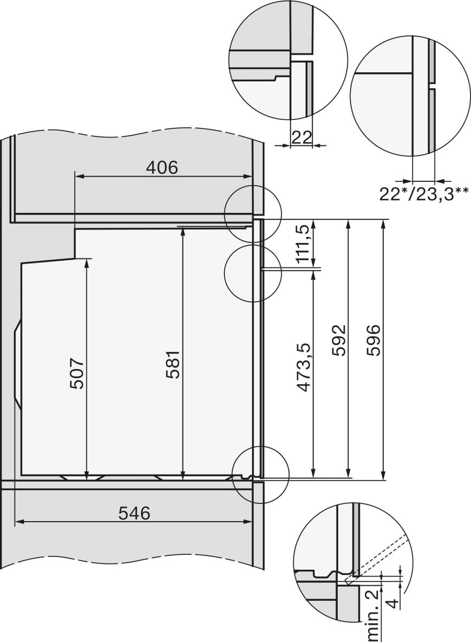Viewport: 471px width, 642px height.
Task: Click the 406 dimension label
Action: pos(162,167)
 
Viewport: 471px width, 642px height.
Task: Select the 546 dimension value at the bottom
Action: pos(134,514)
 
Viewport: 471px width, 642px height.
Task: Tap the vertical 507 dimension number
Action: pos(78,373)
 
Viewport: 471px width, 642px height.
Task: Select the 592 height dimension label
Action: pos(339,341)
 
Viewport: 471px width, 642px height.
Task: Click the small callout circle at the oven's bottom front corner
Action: pos(261,476)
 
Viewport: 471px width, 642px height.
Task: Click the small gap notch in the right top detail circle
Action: pos(431,86)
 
